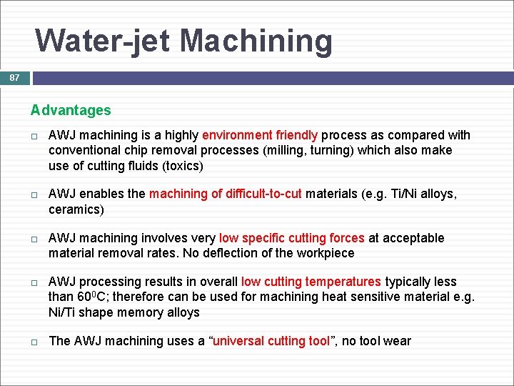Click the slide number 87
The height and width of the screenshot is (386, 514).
coord(14,78)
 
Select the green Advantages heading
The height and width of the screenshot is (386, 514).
coord(71,110)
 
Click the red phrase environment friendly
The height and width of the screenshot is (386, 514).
coord(261,135)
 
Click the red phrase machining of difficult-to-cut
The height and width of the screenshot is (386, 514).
coord(225,194)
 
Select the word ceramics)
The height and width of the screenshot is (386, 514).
coord(76,210)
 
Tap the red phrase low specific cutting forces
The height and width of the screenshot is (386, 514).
coord(291,238)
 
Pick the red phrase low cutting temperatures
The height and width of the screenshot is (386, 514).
coord(311,282)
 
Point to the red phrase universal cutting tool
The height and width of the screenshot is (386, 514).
coord(269,341)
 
